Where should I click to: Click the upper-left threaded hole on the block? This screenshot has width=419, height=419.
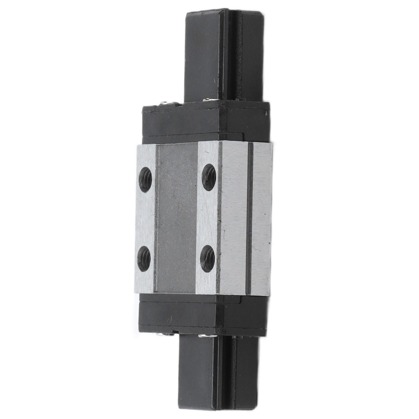[x=145, y=179]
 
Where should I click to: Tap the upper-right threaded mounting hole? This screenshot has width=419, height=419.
[x=209, y=177]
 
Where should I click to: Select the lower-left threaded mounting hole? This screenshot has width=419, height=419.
[x=144, y=258]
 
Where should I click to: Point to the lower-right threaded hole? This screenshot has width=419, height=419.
[x=207, y=258]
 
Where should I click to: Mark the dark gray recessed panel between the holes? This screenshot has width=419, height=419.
[x=176, y=218]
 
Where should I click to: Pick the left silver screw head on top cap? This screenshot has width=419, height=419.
[x=167, y=103]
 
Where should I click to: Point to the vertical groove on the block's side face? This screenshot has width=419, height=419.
[x=249, y=218]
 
